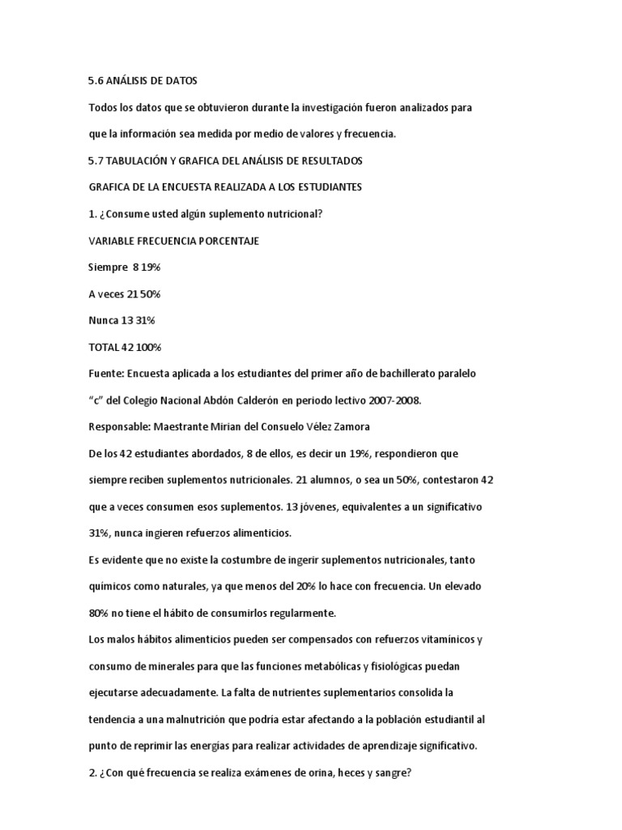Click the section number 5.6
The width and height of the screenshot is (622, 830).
pyautogui.click(x=96, y=81)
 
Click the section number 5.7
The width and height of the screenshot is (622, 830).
pyautogui.click(x=96, y=161)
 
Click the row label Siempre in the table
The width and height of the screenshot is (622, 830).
pyautogui.click(x=107, y=267)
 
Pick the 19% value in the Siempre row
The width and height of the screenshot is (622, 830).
pyautogui.click(x=152, y=267)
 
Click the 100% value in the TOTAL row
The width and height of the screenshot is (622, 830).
pyautogui.click(x=149, y=348)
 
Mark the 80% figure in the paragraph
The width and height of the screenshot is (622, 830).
pyautogui.click(x=100, y=613)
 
